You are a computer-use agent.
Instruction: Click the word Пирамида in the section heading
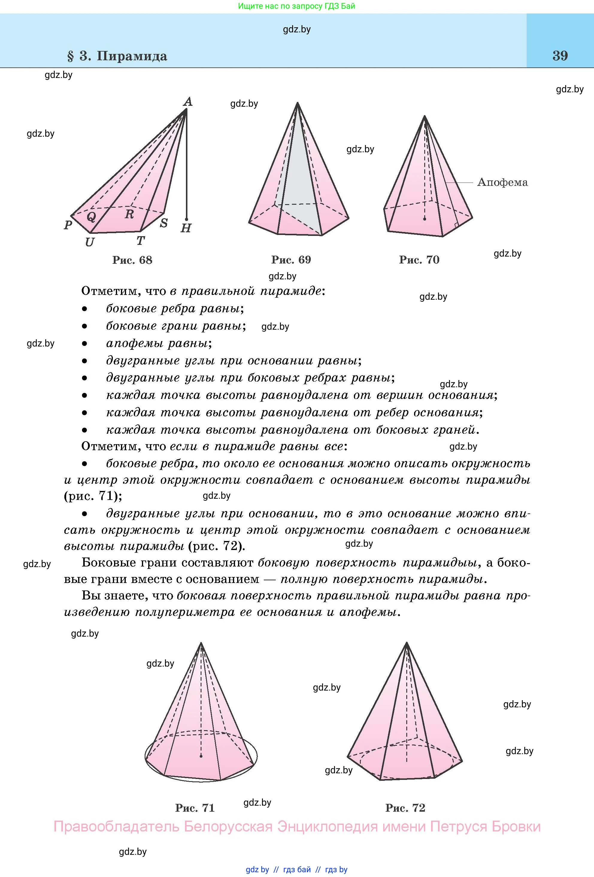tap(132, 56)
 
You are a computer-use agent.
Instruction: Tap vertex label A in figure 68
tap(188, 102)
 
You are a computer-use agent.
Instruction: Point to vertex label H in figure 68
tap(186, 228)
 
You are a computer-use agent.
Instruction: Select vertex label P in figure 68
tap(68, 225)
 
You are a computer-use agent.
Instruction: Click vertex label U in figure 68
tap(89, 242)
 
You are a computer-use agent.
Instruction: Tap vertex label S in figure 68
tap(163, 223)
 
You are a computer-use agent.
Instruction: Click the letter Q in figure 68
tap(91, 217)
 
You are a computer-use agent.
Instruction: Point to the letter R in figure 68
tap(129, 214)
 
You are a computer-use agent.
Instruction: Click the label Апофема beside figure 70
tap(502, 182)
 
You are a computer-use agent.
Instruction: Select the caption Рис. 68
tap(132, 260)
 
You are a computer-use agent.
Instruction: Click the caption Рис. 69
tap(291, 260)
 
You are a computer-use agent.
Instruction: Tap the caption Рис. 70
tap(419, 260)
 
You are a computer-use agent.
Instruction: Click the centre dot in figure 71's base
tap(201, 756)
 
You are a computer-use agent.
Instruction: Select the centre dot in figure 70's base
tap(425, 219)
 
